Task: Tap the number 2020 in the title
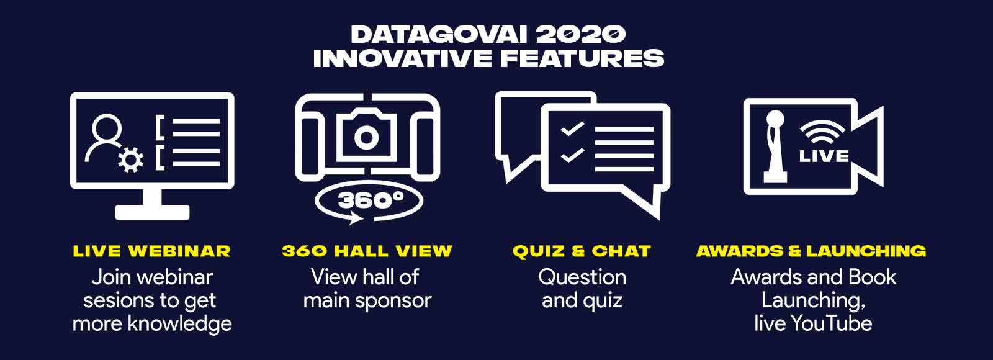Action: tap(581, 35)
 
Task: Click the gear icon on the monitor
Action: tap(131, 160)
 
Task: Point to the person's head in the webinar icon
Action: tap(107, 128)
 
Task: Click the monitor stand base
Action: tap(152, 212)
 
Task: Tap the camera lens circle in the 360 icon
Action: tap(366, 137)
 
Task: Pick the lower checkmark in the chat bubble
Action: tap(572, 156)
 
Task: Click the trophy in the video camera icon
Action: tap(775, 146)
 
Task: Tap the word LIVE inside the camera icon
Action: tap(824, 156)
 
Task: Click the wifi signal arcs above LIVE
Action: tap(822, 132)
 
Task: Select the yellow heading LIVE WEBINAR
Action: tap(151, 251)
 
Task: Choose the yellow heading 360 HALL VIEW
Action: tap(367, 251)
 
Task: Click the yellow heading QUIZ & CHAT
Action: tap(582, 251)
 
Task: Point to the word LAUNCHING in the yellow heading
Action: tap(866, 251)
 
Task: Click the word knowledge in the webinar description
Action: tap(179, 323)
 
